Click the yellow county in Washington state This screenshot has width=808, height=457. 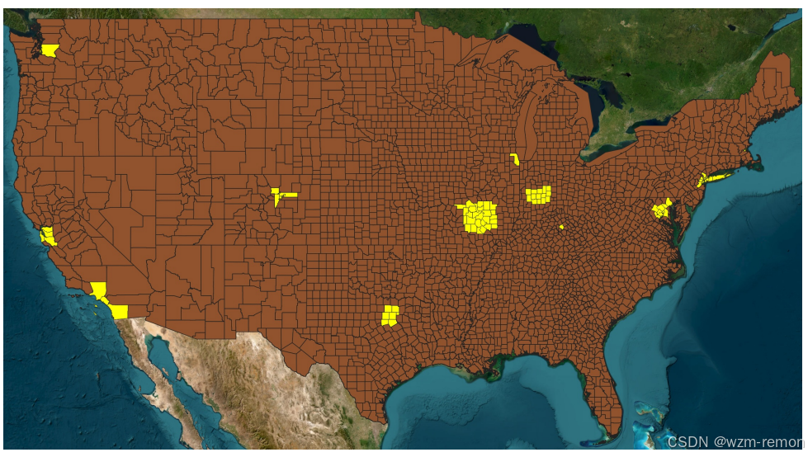click(50, 50)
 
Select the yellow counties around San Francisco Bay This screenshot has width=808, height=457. click(48, 236)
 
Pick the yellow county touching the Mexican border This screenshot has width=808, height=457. click(119, 312)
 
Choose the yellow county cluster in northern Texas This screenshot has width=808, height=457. click(390, 316)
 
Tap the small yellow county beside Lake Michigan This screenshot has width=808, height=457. click(514, 158)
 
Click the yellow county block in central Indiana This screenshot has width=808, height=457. click(538, 195)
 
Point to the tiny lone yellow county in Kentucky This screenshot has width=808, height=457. click(561, 227)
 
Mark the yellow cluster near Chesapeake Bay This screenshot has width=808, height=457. click(660, 210)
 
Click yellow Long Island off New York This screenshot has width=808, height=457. click(718, 176)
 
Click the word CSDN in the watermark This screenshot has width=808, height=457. click(684, 443)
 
